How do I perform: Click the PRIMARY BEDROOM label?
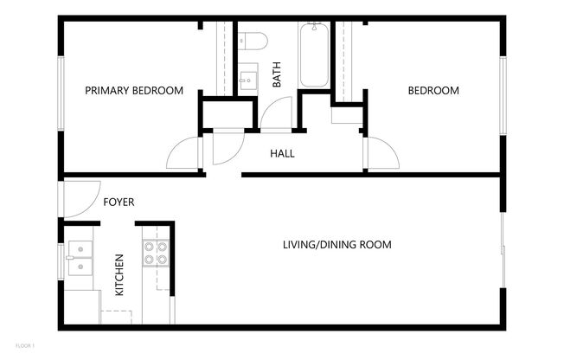click(x=134, y=90)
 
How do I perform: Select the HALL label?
click(x=282, y=154)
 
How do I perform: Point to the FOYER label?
click(x=119, y=202)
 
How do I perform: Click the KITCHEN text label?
click(x=119, y=274)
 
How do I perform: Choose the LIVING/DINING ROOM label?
click(x=336, y=245)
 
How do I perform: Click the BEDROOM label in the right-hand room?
click(x=433, y=90)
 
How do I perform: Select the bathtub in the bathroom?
click(x=313, y=56)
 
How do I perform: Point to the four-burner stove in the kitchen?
click(x=155, y=253)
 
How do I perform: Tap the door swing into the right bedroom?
click(x=381, y=153)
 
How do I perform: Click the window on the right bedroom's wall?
click(x=502, y=95)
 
